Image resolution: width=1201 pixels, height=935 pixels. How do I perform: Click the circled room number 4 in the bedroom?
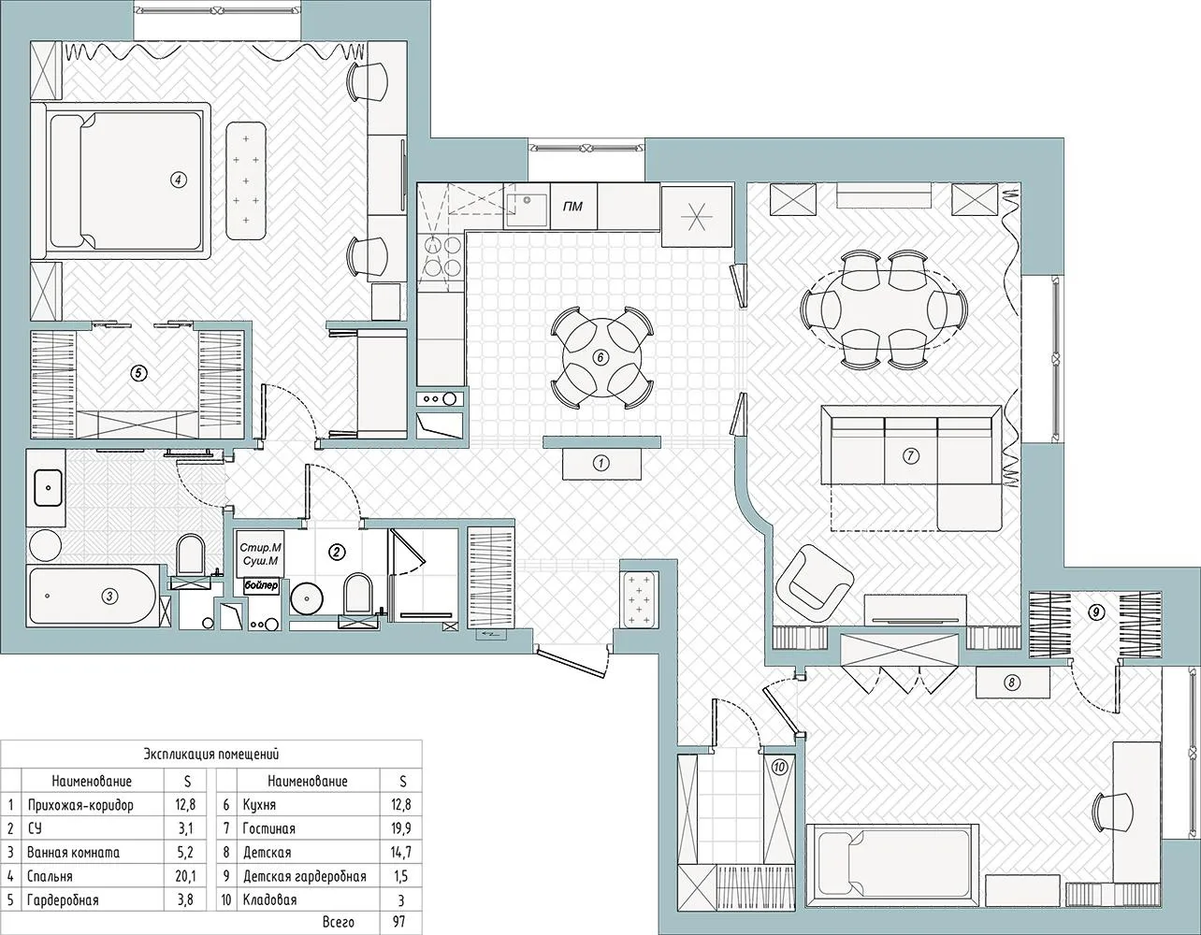[178, 180]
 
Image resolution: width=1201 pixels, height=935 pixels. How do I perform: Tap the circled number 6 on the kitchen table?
[600, 357]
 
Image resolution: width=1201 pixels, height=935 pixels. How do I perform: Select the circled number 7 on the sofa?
[910, 455]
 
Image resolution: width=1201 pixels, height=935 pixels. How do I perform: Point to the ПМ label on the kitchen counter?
[572, 207]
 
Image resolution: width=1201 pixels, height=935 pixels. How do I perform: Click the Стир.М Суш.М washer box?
[260, 554]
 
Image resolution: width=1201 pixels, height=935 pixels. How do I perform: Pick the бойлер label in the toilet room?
[261, 586]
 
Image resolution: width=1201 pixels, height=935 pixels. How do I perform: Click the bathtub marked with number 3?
[94, 596]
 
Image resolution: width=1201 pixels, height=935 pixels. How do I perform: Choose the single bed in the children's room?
[891, 871]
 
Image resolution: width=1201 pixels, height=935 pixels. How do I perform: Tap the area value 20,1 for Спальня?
[185, 876]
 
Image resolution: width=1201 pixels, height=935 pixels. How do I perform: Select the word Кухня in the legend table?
[259, 805]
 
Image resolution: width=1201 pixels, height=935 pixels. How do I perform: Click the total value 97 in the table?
[400, 922]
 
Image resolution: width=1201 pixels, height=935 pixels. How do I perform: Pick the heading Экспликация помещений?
[211, 755]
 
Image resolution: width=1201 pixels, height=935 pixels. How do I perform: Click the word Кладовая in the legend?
[269, 900]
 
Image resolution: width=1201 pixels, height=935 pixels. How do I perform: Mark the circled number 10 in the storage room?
[779, 767]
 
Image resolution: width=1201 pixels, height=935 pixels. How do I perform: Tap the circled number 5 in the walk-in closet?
[138, 374]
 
